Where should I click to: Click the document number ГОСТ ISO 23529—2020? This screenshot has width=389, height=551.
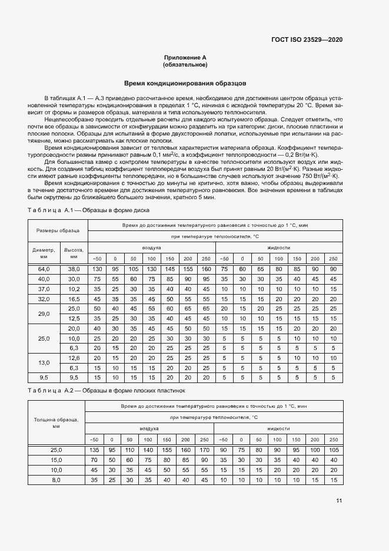pos(307,39)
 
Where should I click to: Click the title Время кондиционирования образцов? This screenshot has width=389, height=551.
pos(185,84)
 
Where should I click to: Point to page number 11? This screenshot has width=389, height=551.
pos(339,500)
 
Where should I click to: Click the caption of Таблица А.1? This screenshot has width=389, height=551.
pos(89,210)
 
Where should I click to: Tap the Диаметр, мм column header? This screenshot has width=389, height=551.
pos(44,253)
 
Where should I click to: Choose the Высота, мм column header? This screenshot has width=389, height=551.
pos(74,253)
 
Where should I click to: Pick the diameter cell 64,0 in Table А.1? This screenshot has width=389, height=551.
pos(44,269)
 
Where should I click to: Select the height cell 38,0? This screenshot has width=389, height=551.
pos(74,269)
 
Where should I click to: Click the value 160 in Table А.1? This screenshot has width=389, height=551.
pos(206,269)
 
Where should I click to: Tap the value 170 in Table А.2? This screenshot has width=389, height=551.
pos(204,450)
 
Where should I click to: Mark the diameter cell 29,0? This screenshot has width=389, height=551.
pos(44,314)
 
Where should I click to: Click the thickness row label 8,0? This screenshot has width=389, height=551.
pos(56,480)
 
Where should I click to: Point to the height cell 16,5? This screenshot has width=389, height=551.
pos(74,299)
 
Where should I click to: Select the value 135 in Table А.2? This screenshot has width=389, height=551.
pos(94,450)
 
